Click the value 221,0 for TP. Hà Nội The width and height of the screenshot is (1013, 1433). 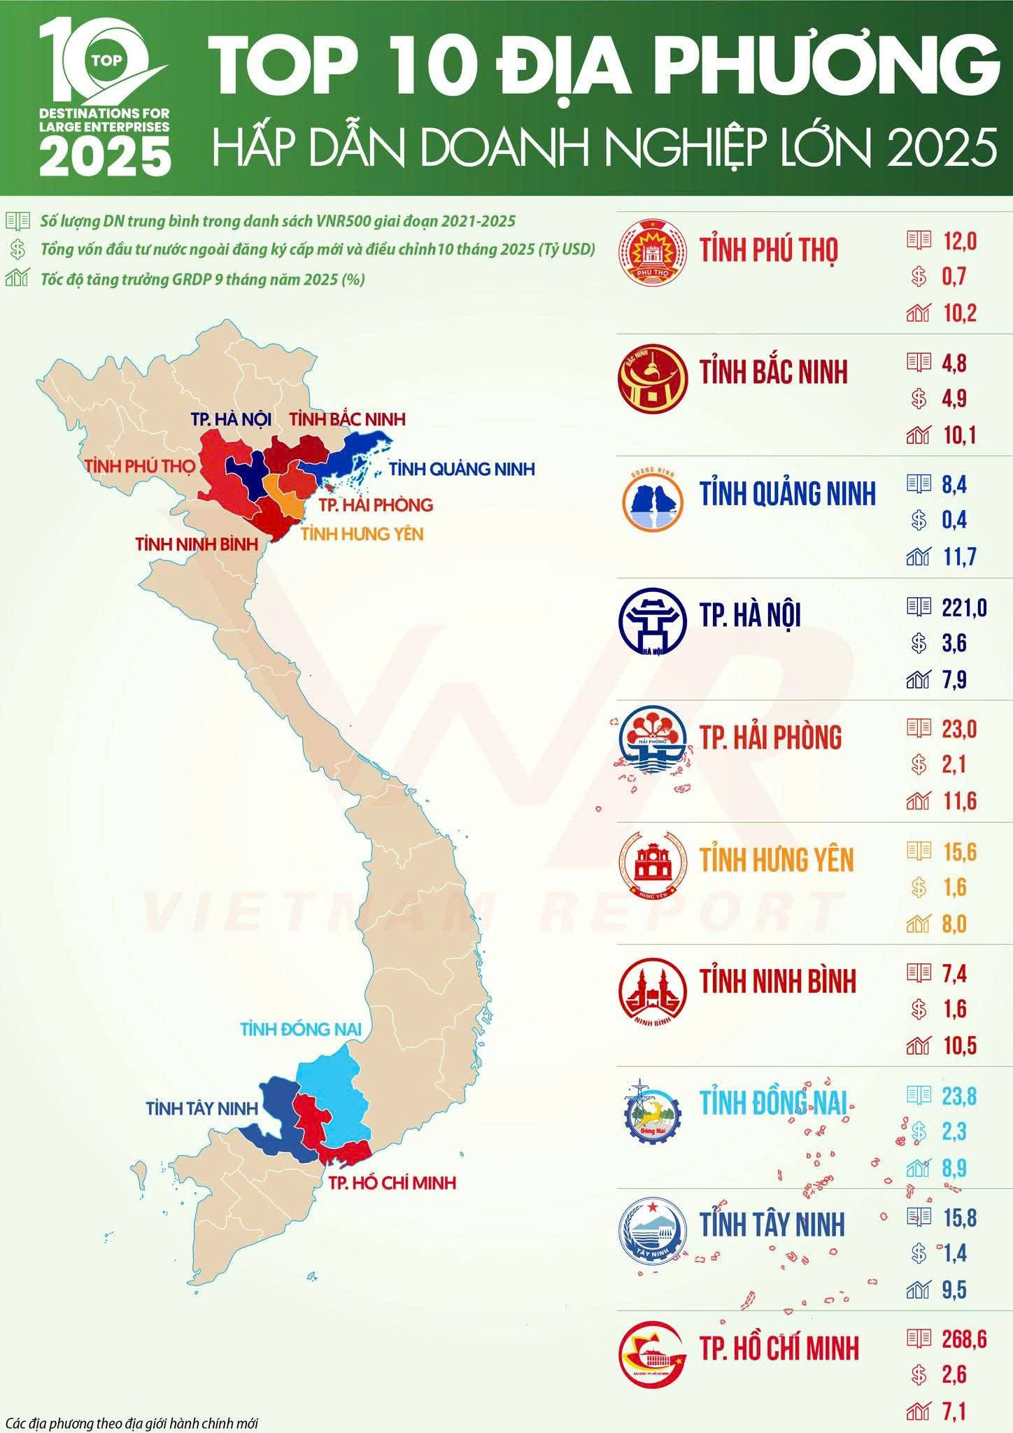pos(964,607)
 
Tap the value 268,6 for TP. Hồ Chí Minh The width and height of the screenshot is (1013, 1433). pos(964,1339)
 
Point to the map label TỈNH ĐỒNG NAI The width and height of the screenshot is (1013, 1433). pos(301,1029)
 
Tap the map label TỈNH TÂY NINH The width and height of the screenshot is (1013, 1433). pos(202,1108)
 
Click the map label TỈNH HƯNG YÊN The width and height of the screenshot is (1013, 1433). pos(362,534)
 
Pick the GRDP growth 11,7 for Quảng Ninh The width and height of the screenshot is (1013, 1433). pos(959,558)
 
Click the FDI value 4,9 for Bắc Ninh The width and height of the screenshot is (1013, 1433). pos(954,399)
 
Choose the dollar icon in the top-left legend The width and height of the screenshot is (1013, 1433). pos(17,250)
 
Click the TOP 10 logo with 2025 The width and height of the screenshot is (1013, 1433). pos(105,98)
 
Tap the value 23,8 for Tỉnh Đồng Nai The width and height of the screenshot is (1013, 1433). pos(959,1096)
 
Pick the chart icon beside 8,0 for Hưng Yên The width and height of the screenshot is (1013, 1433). pos(918,925)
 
